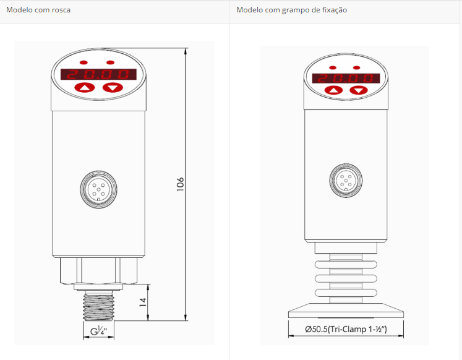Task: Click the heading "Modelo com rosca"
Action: pyautogui.click(x=38, y=10)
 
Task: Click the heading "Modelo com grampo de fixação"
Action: pyautogui.click(x=292, y=10)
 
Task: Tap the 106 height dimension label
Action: pyautogui.click(x=181, y=184)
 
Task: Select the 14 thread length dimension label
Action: pyautogui.click(x=143, y=302)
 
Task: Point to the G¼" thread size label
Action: pyautogui.click(x=98, y=331)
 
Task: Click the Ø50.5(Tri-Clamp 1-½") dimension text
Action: pyautogui.click(x=346, y=329)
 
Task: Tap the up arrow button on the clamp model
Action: pyautogui.click(x=333, y=90)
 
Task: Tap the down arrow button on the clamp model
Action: pyautogui.click(x=359, y=90)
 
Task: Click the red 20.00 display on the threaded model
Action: pyautogui.click(x=98, y=74)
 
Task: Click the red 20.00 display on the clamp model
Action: pyautogui.click(x=346, y=78)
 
